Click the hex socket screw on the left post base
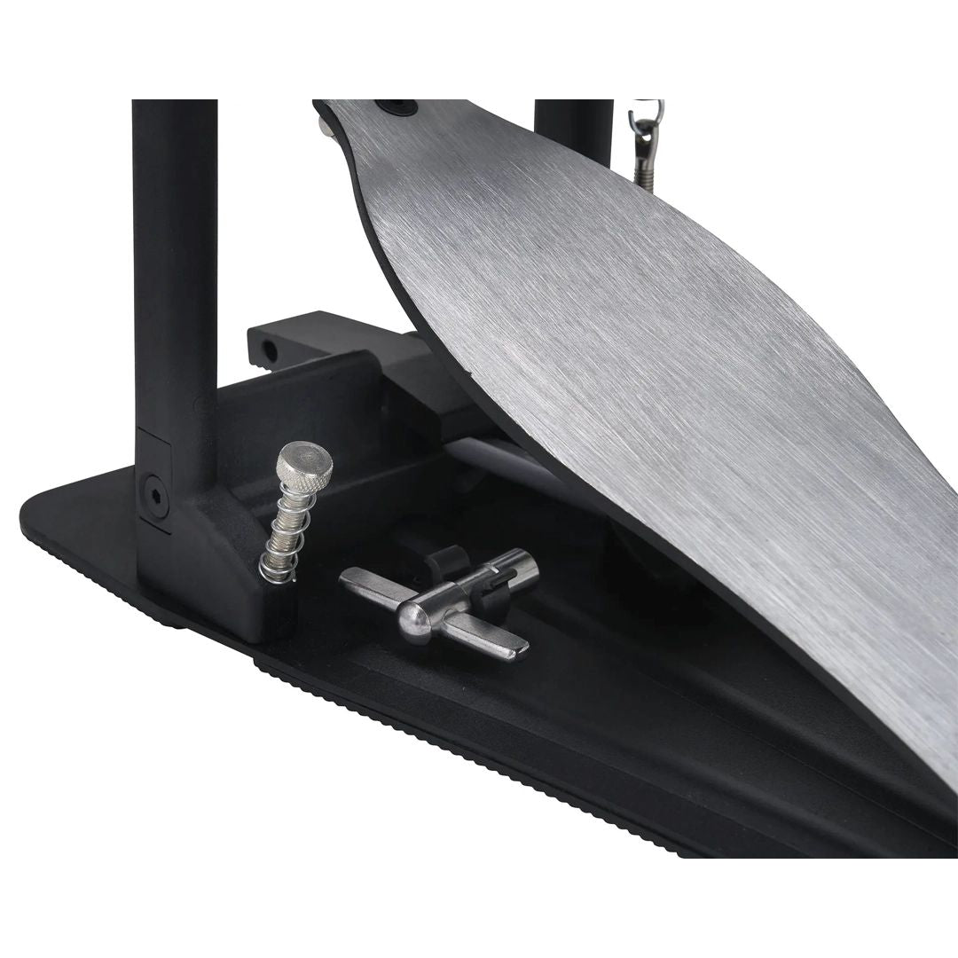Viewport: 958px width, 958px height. tap(153, 489)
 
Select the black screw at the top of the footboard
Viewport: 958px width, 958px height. tap(395, 107)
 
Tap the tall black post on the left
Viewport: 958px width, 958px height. tap(175, 266)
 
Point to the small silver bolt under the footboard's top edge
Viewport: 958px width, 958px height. tap(327, 127)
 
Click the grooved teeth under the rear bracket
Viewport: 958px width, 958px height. tap(261, 362)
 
